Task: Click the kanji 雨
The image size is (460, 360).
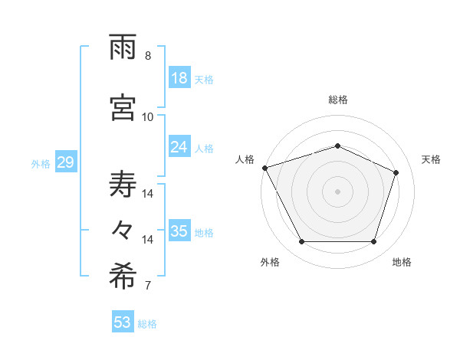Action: [123, 47]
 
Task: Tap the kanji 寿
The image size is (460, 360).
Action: [123, 184]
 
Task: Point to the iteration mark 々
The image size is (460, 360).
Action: [123, 229]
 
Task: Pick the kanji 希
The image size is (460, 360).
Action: [123, 277]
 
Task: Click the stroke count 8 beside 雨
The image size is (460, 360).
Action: [148, 56]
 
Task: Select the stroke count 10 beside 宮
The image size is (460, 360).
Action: [148, 116]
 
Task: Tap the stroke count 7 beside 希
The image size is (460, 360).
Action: [148, 286]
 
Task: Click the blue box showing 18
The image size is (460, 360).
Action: [179, 78]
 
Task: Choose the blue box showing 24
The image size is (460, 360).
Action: [179, 147]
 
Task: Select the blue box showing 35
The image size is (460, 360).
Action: [179, 231]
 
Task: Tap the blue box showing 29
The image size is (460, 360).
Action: [65, 162]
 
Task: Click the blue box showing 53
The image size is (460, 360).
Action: [123, 322]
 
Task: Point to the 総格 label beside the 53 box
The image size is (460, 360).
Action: [147, 324]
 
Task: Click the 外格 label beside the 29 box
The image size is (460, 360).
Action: [41, 163]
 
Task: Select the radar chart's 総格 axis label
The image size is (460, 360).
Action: [338, 100]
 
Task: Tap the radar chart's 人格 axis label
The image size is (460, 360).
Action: [245, 159]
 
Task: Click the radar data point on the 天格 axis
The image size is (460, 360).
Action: [396, 172]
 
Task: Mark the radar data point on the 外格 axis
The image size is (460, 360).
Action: [301, 242]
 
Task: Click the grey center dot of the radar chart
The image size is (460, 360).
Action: [338, 191]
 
